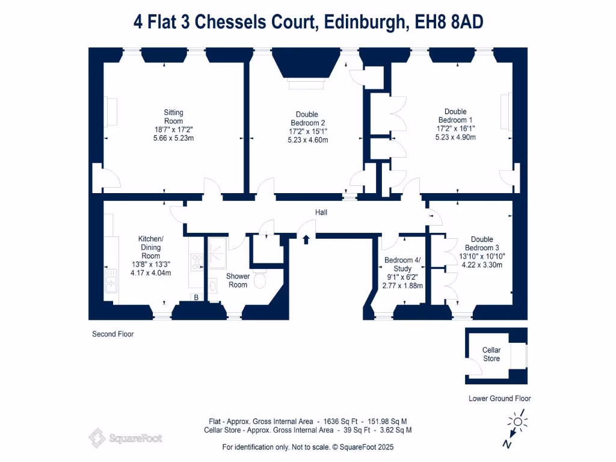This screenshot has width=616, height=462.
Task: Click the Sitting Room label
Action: (173, 117)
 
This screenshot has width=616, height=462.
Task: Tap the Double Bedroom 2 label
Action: (307, 119)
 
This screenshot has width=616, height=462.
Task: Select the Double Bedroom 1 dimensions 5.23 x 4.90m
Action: (455, 137)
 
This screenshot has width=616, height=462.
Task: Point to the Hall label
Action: (321, 212)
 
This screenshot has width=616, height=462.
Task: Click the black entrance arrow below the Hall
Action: (306, 239)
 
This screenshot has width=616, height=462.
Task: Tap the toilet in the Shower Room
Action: (260, 279)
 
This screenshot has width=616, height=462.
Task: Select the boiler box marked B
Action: (196, 297)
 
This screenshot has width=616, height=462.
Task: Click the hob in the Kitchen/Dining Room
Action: (197, 262)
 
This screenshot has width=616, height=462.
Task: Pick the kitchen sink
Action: (111, 280)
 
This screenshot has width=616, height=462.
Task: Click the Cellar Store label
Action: (491, 354)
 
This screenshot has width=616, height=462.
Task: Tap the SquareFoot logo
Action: (125, 438)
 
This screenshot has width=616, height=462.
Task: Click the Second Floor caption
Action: (112, 334)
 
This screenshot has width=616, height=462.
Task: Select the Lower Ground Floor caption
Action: (499, 398)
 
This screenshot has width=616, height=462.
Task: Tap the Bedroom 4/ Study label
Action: (402, 265)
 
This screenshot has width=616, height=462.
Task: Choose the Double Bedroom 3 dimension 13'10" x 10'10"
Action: (482, 256)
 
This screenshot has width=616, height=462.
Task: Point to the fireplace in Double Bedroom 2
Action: (306, 69)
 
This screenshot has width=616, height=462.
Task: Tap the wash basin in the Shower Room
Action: (212, 285)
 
